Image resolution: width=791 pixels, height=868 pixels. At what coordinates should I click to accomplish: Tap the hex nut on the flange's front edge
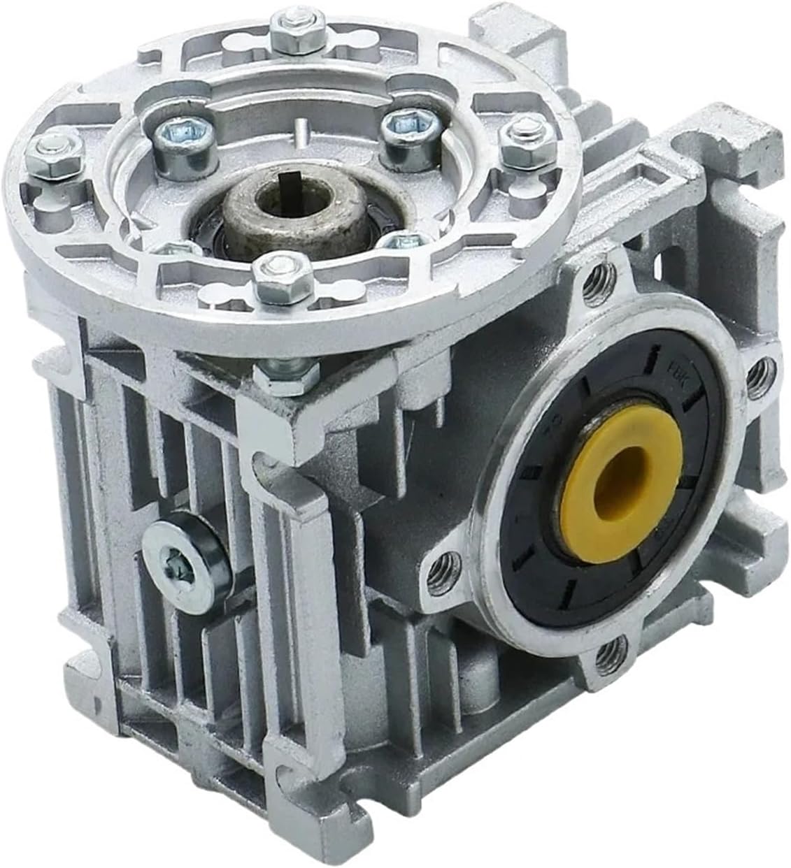pyautogui.click(x=270, y=275)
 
